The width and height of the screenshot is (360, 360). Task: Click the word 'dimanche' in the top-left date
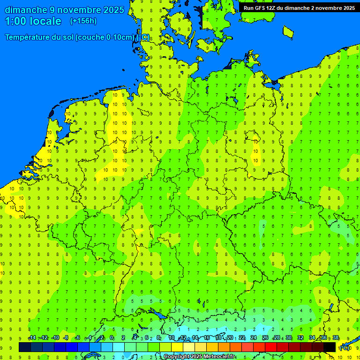pyautogui.click(x=24, y=10)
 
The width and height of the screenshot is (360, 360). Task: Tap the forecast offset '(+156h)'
pyautogui.click(x=83, y=21)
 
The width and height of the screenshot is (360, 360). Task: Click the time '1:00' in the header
pyautogui.click(x=15, y=21)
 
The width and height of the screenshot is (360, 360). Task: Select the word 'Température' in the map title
pyautogui.click(x=28, y=37)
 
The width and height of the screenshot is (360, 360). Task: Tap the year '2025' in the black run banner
pyautogui.click(x=347, y=8)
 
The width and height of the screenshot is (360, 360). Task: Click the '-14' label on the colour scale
pyautogui.click(x=32, y=338)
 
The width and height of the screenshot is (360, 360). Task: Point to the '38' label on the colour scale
pyautogui.click(x=336, y=338)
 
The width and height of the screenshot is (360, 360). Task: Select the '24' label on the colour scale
pyautogui.click(x=254, y=338)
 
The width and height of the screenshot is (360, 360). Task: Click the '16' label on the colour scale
pyautogui.click(x=207, y=338)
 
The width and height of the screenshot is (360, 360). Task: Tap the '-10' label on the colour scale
pyautogui.click(x=55, y=338)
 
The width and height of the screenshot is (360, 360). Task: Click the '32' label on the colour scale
pyautogui.click(x=300, y=338)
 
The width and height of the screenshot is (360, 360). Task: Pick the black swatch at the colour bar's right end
pyautogui.click(x=330, y=347)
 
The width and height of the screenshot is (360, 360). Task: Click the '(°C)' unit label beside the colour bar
pyautogui.click(x=345, y=347)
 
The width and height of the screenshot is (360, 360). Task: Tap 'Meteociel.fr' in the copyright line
pyautogui.click(x=219, y=357)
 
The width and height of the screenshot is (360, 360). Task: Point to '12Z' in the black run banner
pyautogui.click(x=272, y=8)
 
